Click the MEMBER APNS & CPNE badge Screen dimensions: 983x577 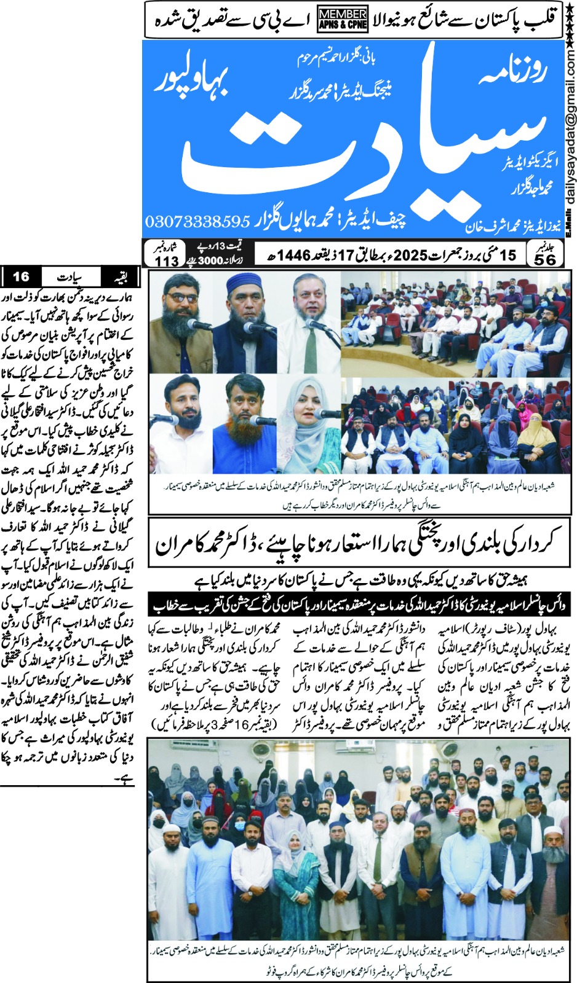343,20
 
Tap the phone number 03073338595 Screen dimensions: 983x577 197,221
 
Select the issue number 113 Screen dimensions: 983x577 166,260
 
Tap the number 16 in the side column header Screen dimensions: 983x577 21,276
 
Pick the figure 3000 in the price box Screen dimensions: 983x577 210,260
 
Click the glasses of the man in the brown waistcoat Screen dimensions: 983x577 181,298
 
